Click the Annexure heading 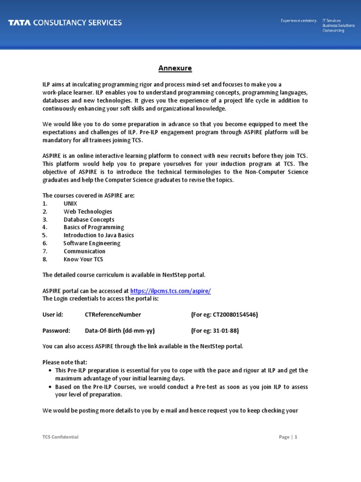(175, 68)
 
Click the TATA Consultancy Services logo (65, 23)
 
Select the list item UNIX (71, 203)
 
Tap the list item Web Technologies (88, 211)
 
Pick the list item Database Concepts (89, 219)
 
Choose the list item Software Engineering (92, 243)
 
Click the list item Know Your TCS (83, 259)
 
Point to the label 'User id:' (53, 314)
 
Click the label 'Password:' (56, 330)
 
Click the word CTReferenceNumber (113, 314)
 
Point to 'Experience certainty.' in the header (299, 21)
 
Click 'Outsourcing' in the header (333, 31)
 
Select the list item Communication (85, 251)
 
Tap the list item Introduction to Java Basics (99, 235)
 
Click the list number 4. (45, 227)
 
